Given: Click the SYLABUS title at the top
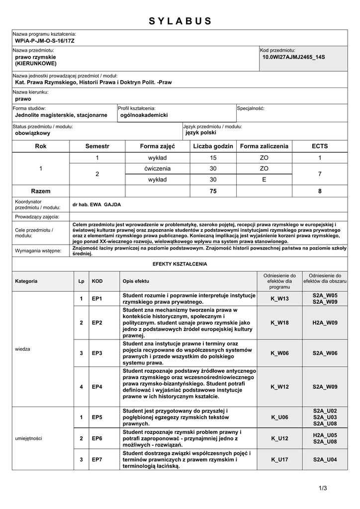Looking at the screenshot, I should tap(180, 21).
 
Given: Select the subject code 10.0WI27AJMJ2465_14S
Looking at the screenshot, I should tap(293, 57).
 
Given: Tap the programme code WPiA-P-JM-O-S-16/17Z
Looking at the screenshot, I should tap(45, 40).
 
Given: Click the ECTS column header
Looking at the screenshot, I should tap(320, 146).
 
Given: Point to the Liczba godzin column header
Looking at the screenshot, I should tap(213, 146).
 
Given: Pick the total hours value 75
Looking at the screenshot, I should tap(213, 191).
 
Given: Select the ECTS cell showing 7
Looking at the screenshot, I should tap(320, 174).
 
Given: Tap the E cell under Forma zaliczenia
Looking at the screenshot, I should tap(264, 179).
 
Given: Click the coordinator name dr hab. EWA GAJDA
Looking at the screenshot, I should tap(96, 204).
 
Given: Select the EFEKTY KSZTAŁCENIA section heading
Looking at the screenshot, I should tap(180, 264).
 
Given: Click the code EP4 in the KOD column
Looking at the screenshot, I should tap(97, 387).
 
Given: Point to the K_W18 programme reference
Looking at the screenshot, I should tap(279, 323).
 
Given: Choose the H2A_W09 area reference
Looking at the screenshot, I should tap(325, 323).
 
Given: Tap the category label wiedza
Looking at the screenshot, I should tap(23, 349).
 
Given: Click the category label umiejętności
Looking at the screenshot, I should tap(29, 438).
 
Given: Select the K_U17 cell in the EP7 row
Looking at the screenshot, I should tap(279, 460).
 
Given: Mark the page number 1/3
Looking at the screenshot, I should tap(323, 488).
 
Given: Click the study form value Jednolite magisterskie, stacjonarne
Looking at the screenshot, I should tap(61, 115).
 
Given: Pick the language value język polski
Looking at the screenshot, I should tap(201, 133).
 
